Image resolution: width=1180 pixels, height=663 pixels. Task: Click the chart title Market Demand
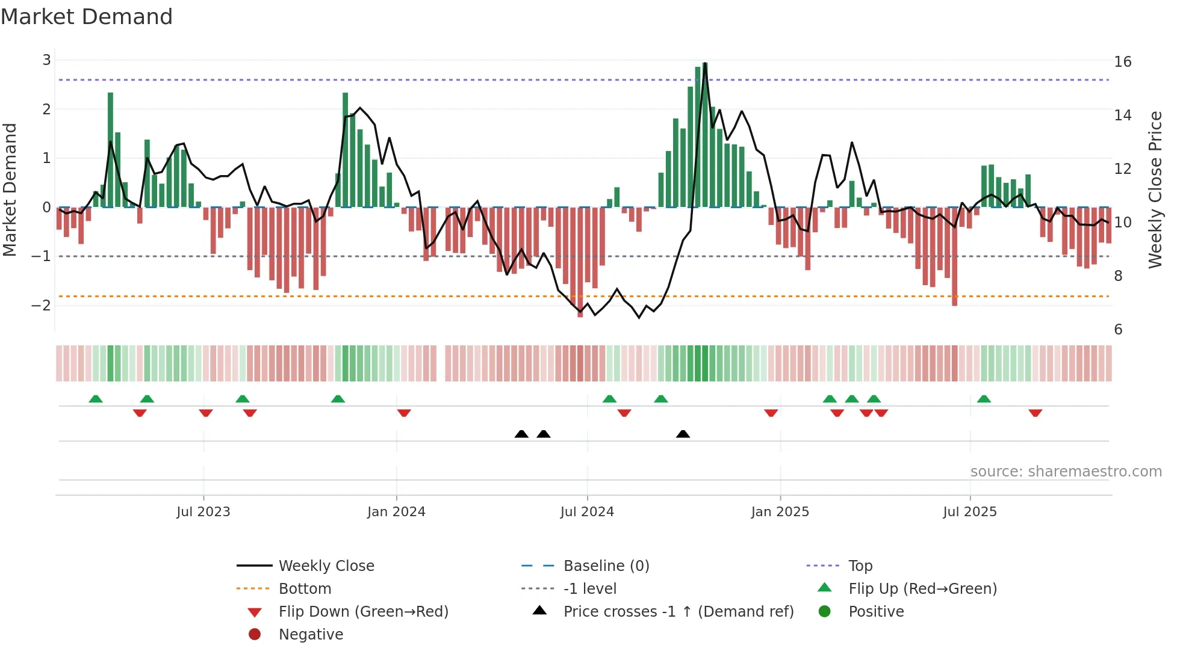click(x=87, y=17)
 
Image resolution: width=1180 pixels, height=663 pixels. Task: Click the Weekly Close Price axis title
click(x=1155, y=190)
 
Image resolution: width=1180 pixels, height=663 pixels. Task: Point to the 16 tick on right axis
click(x=1122, y=62)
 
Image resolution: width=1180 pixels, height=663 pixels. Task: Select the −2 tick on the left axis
click(x=41, y=306)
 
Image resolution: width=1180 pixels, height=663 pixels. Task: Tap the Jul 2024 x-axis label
click(x=587, y=512)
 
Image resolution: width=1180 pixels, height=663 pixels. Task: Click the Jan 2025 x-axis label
click(x=780, y=512)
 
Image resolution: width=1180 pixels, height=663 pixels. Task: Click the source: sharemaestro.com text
click(x=1066, y=472)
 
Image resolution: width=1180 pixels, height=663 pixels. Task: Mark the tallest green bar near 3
click(x=705, y=135)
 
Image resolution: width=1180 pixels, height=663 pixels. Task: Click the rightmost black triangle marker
click(x=683, y=434)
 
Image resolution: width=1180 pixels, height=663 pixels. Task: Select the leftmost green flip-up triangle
click(x=96, y=399)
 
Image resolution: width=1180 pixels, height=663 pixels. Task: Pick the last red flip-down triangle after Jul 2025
click(x=1035, y=413)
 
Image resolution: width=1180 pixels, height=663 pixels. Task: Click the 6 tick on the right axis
click(x=1118, y=330)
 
